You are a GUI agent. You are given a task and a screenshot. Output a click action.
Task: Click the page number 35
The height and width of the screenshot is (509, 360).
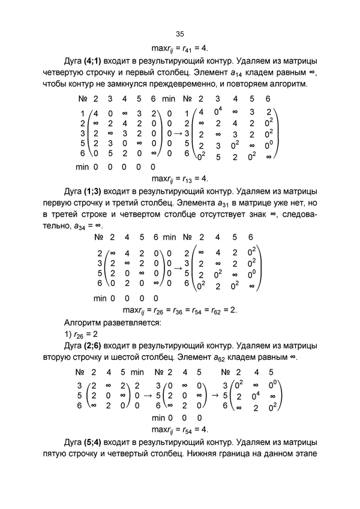pos(180,34)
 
